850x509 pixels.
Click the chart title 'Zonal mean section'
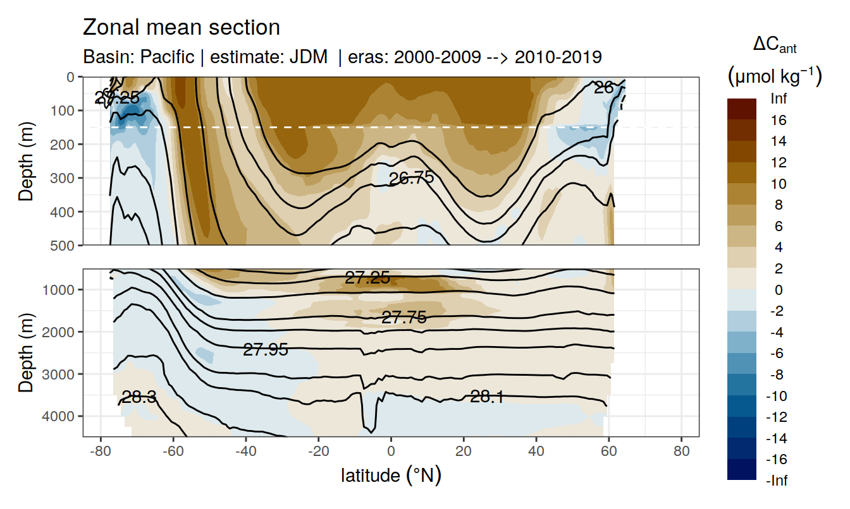181,28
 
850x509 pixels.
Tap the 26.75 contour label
411,178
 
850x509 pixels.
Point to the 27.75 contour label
403,318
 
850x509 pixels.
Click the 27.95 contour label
266,349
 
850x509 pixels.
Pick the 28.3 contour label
139,397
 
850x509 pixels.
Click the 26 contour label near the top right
604,88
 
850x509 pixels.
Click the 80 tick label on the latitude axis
681,452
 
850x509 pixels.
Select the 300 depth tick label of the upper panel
63,177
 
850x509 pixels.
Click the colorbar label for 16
779,120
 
